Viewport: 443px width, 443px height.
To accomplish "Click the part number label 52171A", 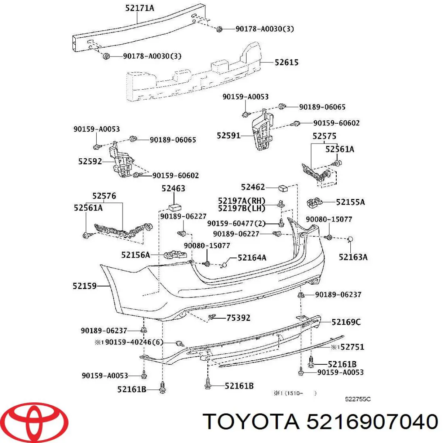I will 139,7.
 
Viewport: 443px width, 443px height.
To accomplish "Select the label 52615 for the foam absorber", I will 286,62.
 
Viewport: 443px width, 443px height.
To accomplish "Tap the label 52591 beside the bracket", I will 229,135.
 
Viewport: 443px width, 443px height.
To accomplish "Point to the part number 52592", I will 90,161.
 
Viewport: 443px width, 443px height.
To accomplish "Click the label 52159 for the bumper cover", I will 85,285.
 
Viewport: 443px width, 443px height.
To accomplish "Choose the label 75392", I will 238,317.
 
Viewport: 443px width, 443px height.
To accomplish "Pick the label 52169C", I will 346,322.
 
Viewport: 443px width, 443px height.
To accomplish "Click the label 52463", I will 173,188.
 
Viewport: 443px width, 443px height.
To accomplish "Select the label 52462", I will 253,187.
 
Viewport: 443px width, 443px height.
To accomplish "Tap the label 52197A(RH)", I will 242,201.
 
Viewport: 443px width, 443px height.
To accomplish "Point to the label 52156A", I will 135,254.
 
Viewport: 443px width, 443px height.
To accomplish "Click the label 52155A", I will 350,202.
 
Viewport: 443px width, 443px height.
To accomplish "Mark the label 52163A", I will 353,257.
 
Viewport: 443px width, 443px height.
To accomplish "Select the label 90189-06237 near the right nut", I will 338,295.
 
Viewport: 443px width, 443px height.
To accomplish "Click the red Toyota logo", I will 34,421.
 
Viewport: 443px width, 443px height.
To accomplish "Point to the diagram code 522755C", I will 357,399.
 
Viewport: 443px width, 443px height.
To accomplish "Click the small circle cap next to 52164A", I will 223,264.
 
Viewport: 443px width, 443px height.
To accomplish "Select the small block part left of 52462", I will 283,188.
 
